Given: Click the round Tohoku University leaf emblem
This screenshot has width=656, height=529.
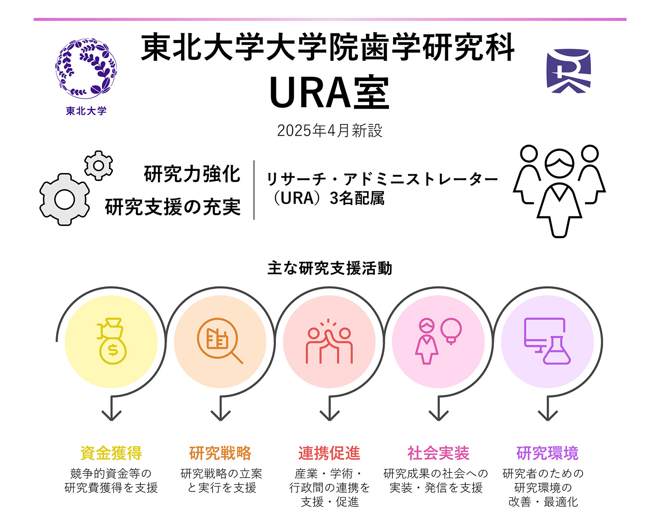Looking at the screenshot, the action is pyautogui.click(x=86, y=68).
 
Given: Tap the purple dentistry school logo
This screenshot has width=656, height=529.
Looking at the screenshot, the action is pyautogui.click(x=569, y=71).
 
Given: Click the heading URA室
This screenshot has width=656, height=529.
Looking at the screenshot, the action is pyautogui.click(x=329, y=92).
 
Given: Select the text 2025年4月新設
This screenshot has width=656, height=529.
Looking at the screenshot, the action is pyautogui.click(x=329, y=130).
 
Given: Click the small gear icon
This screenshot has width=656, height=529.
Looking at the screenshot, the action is pyautogui.click(x=98, y=166).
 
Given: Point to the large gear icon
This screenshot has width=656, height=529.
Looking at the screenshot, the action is pyautogui.click(x=65, y=200).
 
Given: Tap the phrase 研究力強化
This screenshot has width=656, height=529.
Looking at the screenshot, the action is pyautogui.click(x=192, y=174).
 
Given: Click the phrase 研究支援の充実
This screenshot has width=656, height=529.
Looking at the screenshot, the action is pyautogui.click(x=173, y=207).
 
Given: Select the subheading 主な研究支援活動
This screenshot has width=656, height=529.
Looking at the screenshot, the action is pyautogui.click(x=329, y=268).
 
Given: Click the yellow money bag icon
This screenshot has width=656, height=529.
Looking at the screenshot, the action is pyautogui.click(x=111, y=341).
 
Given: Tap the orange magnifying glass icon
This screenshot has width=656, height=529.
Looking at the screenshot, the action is pyautogui.click(x=220, y=341).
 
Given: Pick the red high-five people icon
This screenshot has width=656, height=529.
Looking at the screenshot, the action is pyautogui.click(x=329, y=341).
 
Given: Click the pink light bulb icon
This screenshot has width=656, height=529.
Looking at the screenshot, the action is pyautogui.click(x=451, y=331).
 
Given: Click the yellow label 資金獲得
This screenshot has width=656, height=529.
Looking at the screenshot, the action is pyautogui.click(x=111, y=453).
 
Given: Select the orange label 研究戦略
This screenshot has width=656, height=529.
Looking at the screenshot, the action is pyautogui.click(x=220, y=453).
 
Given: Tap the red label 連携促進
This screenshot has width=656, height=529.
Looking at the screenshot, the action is pyautogui.click(x=329, y=453).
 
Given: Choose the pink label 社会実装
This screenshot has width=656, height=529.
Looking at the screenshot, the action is pyautogui.click(x=438, y=453).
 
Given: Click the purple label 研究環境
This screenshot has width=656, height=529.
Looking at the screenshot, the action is pyautogui.click(x=548, y=453).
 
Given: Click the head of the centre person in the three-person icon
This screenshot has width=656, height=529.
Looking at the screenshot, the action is pyautogui.click(x=559, y=164).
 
